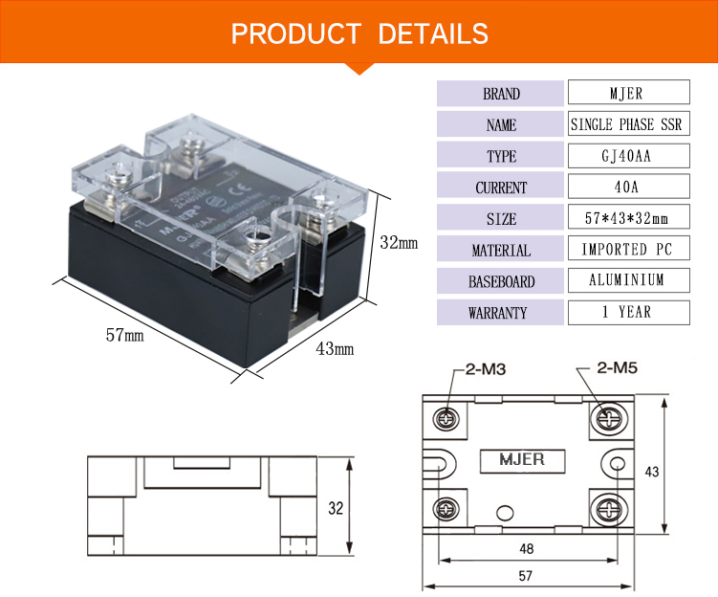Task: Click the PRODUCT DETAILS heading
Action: click(359, 34)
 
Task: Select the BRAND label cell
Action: click(501, 94)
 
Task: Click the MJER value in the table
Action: click(628, 93)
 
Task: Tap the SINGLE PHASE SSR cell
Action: click(628, 124)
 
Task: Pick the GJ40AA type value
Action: click(628, 156)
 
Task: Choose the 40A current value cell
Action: click(628, 188)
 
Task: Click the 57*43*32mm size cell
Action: click(628, 218)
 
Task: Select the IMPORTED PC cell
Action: click(628, 250)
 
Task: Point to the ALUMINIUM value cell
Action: click(628, 280)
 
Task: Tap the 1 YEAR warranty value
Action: click(628, 312)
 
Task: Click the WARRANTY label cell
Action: click(501, 313)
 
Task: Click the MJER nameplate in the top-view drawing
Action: click(522, 460)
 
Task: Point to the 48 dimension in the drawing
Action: click(528, 549)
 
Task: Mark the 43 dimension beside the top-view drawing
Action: click(679, 472)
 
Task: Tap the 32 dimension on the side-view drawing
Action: click(336, 509)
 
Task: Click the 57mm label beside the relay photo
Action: click(125, 336)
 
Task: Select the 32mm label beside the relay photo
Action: click(399, 243)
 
